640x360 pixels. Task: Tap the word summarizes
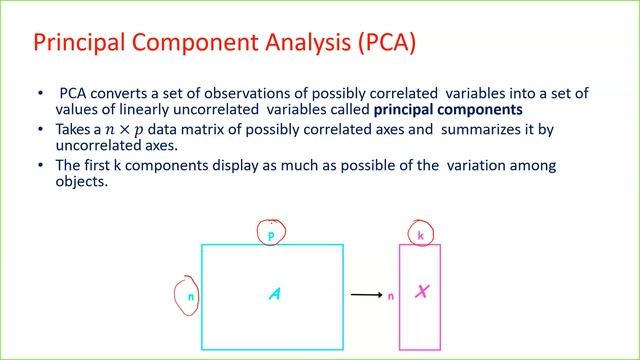click(x=478, y=130)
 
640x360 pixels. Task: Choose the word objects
click(x=72, y=181)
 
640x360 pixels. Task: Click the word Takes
click(x=68, y=130)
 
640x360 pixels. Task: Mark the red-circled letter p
click(x=270, y=235)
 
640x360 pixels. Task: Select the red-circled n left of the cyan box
click(x=186, y=297)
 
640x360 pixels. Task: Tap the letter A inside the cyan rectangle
click(x=273, y=294)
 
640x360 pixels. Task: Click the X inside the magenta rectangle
click(x=421, y=292)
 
